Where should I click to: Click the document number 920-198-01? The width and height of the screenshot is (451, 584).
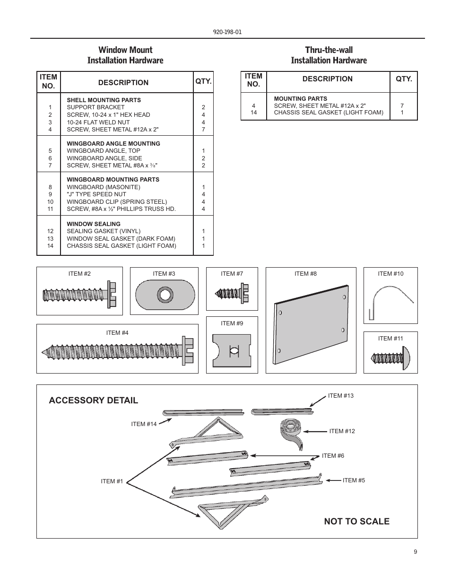click(x=227, y=32)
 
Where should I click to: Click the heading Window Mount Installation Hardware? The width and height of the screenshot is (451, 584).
click(x=125, y=55)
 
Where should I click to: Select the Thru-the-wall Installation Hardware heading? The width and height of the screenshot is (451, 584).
click(x=329, y=55)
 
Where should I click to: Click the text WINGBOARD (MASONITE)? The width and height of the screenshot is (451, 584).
click(x=104, y=187)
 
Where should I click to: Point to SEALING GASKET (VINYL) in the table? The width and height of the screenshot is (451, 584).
click(x=104, y=231)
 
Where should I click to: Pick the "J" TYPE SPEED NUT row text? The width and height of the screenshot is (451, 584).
click(x=96, y=194)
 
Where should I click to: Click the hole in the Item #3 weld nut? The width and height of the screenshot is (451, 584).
click(x=165, y=295)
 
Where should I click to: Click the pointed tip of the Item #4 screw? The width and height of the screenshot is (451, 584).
click(x=44, y=353)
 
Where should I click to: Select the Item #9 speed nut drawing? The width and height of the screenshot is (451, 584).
click(x=232, y=350)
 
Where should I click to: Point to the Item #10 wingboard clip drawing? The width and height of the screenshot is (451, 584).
click(x=389, y=301)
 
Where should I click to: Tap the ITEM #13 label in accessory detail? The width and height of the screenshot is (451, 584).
click(x=341, y=396)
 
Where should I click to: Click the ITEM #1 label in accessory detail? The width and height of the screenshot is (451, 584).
click(x=112, y=481)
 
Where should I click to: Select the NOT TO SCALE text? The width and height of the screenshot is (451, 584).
click(x=357, y=522)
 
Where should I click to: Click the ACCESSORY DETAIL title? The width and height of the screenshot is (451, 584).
click(x=94, y=401)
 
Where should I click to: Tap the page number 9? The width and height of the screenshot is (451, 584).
click(x=416, y=552)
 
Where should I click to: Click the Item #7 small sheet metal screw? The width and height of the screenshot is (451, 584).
click(x=232, y=293)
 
